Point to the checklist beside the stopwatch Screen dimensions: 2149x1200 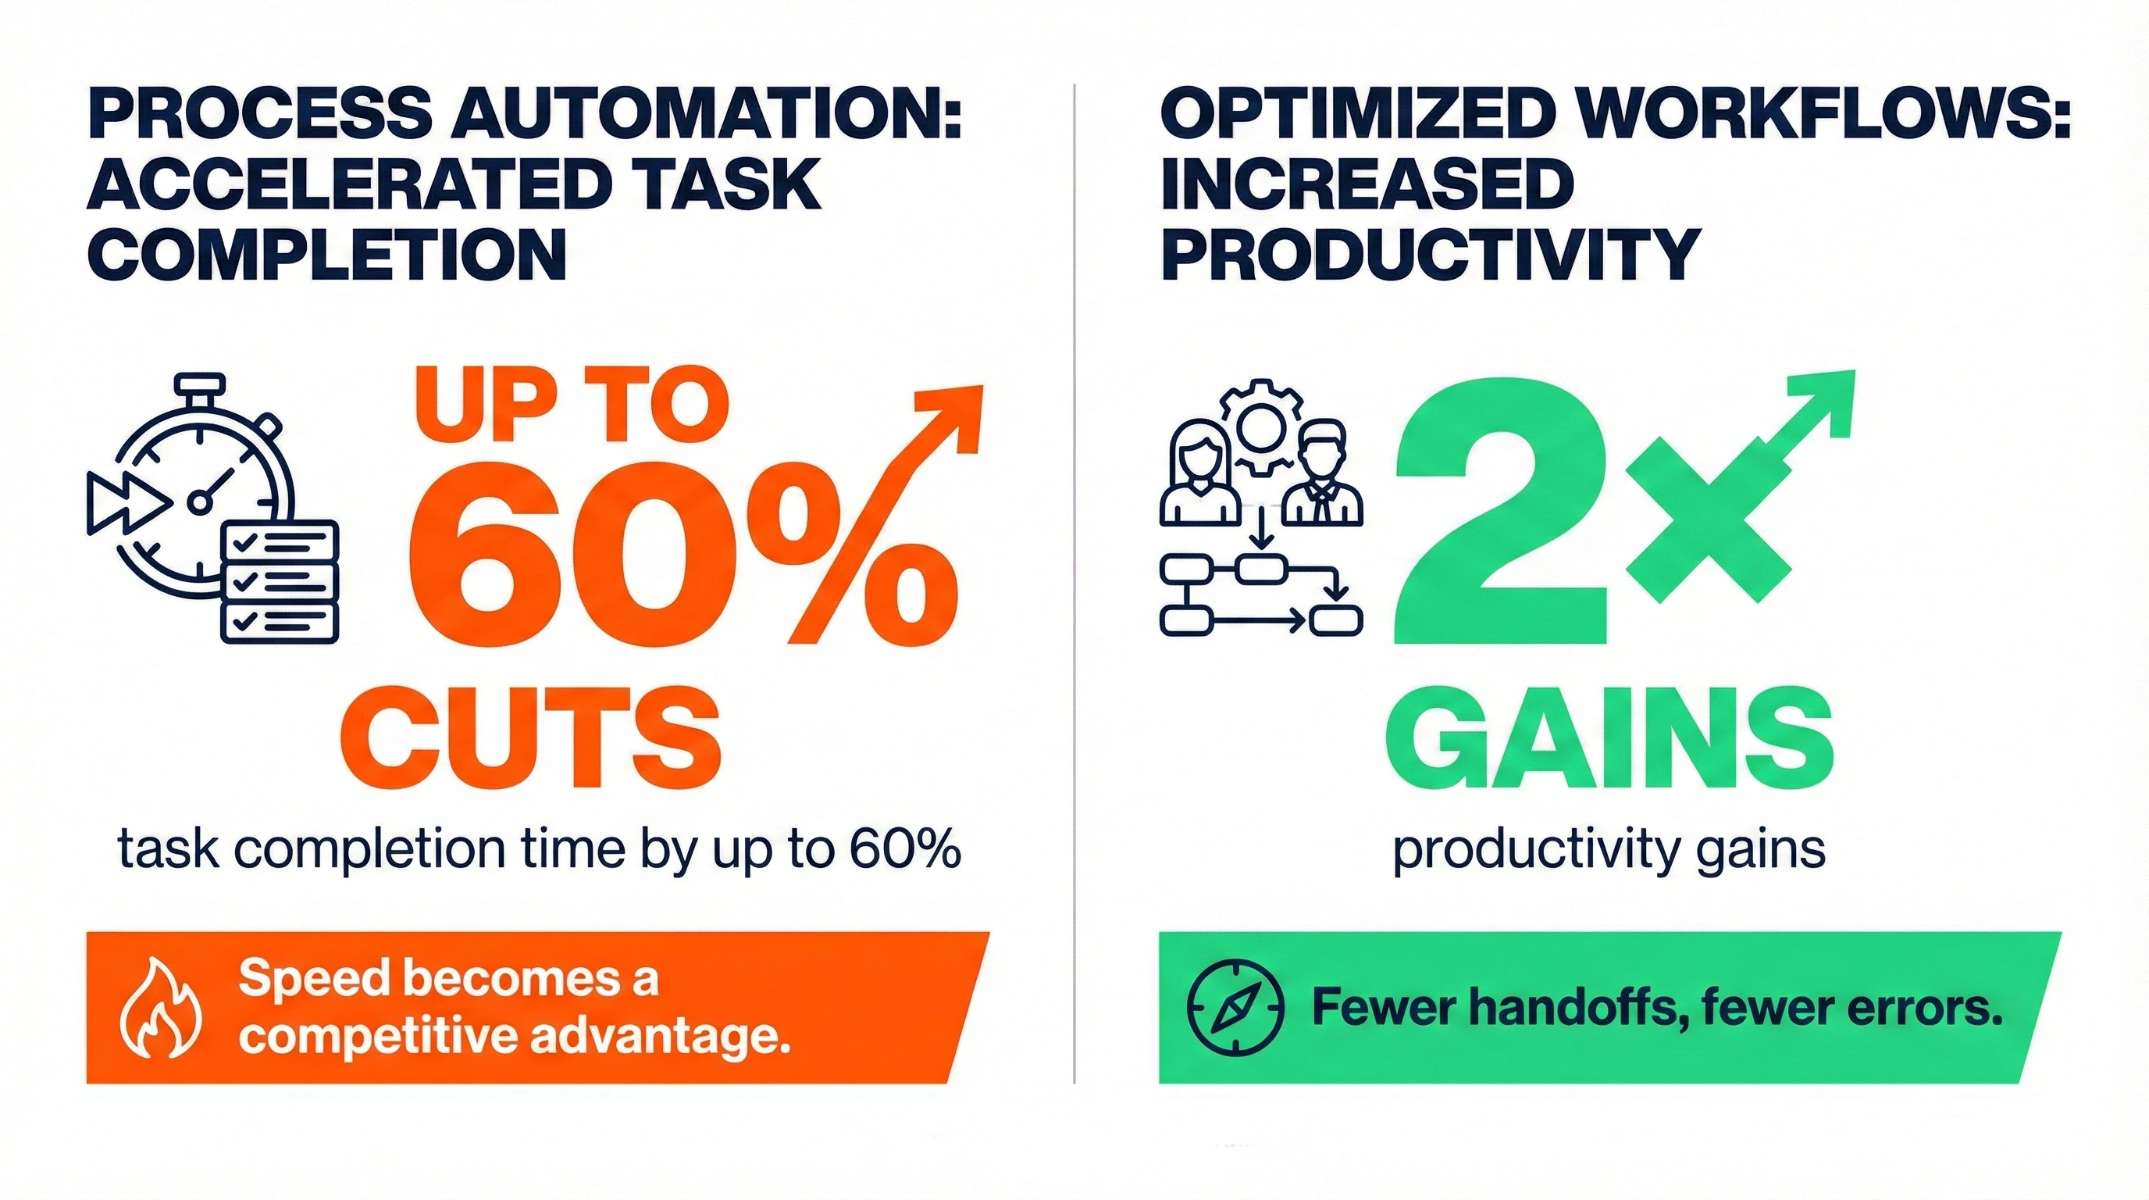click(x=280, y=582)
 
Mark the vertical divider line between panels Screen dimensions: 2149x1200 click(x=1074, y=584)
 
